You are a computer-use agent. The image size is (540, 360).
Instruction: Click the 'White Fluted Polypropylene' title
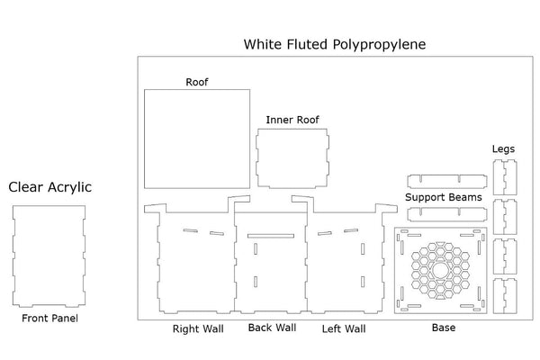(x=335, y=43)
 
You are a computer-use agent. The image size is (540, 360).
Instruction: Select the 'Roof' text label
(x=197, y=82)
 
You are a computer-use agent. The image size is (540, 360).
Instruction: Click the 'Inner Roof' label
(x=292, y=120)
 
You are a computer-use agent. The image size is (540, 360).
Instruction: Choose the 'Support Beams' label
(x=443, y=197)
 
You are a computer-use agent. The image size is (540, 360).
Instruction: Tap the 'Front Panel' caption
(x=49, y=318)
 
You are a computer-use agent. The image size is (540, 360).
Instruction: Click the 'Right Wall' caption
(x=198, y=328)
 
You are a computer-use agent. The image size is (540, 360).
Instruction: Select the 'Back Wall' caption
(x=272, y=328)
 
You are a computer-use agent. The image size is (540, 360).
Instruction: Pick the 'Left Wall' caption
(x=344, y=328)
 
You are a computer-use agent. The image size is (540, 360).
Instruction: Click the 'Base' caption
(x=443, y=328)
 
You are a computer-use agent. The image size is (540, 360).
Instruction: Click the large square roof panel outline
(x=197, y=139)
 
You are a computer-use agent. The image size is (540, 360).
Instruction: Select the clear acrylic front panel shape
(x=49, y=256)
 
